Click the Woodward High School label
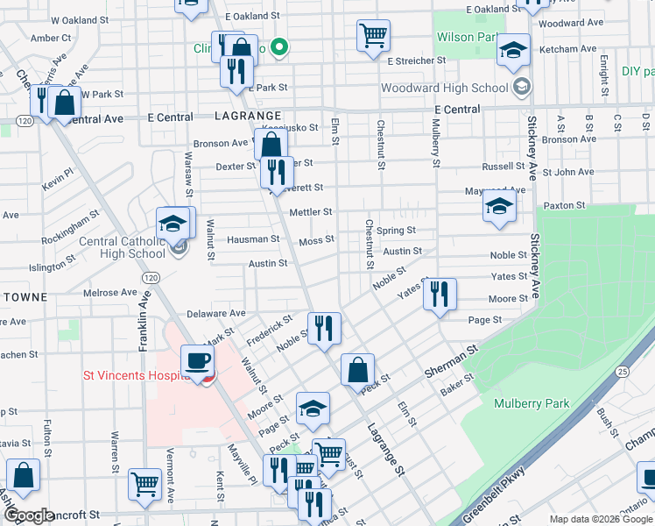pyautogui.click(x=444, y=88)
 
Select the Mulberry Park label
pyautogui.click(x=532, y=403)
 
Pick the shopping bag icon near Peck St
pyautogui.click(x=358, y=369)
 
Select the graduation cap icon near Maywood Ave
pyautogui.click(x=499, y=208)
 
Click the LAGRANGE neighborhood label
pyautogui.click(x=248, y=116)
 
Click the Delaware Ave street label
pyautogui.click(x=215, y=313)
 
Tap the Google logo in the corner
pyautogui.click(x=28, y=515)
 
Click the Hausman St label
pyautogui.click(x=253, y=238)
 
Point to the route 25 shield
pyautogui.click(x=623, y=372)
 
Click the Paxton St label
pyautogui.click(x=564, y=205)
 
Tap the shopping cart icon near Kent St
pyautogui.click(x=144, y=483)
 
